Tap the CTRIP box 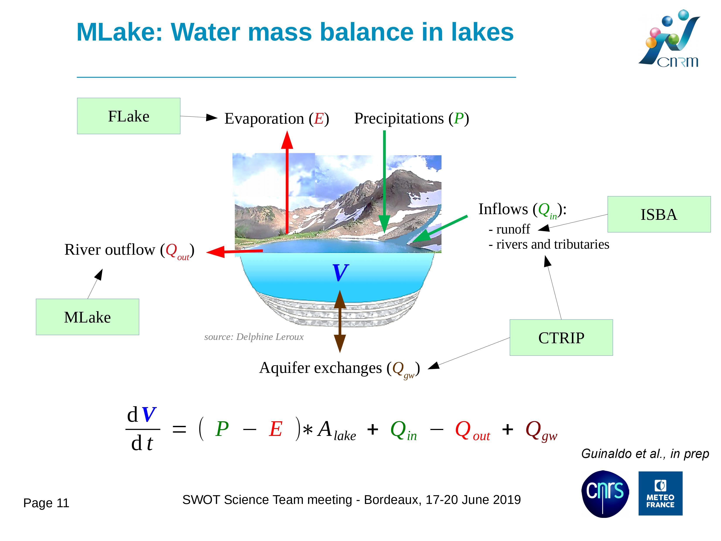(x=561, y=338)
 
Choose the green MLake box (x=87, y=317)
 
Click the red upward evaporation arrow (x=287, y=183)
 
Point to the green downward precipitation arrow (x=384, y=182)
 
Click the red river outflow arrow (x=235, y=251)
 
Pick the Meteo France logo (x=660, y=493)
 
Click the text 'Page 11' (x=46, y=503)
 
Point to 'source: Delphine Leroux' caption (x=254, y=337)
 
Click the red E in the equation (x=276, y=429)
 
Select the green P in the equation (x=222, y=429)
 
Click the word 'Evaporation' (x=264, y=118)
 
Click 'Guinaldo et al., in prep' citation (x=645, y=454)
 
